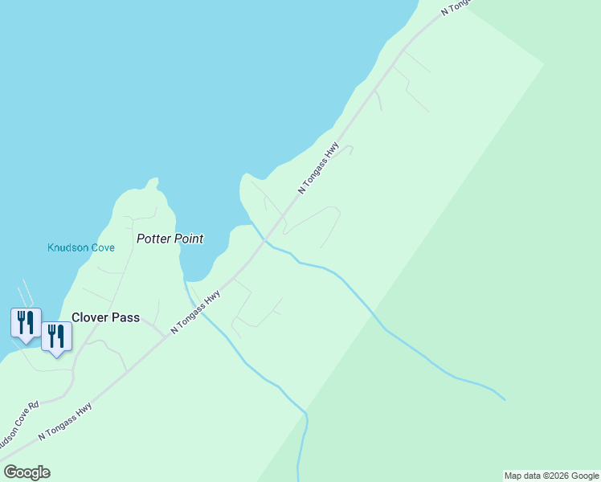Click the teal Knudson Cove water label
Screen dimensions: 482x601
point(81,247)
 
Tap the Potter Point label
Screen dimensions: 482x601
point(170,239)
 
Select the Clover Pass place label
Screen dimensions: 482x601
point(105,317)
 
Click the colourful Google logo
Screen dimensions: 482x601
point(27,472)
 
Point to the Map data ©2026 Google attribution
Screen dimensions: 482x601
point(552,476)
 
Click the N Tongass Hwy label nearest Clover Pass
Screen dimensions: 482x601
point(196,312)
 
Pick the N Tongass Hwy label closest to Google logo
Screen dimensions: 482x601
point(66,421)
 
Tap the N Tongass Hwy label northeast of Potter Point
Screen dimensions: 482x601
point(319,168)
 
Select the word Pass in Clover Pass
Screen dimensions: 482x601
point(125,317)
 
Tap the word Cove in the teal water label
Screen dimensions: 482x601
point(101,247)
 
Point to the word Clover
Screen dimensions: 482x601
point(89,317)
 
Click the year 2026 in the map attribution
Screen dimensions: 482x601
point(554,476)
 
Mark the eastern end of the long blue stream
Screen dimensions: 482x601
point(505,399)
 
